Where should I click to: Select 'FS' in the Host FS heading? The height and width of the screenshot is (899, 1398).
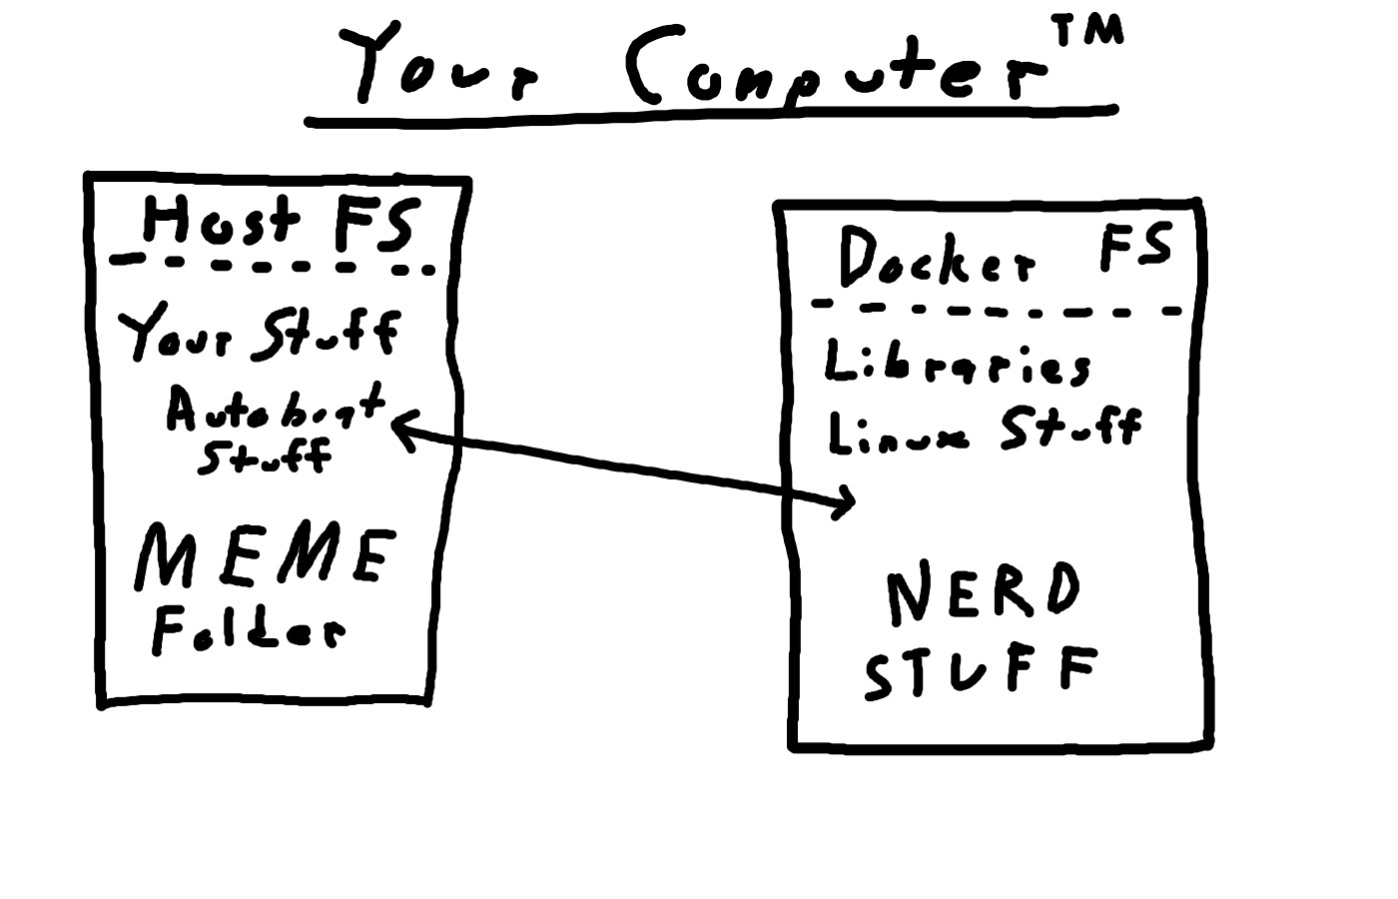371,224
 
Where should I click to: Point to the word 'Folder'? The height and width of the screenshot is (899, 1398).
249,630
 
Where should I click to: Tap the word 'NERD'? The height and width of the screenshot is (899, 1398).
983,591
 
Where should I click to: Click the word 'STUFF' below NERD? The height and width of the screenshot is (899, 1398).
981,673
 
